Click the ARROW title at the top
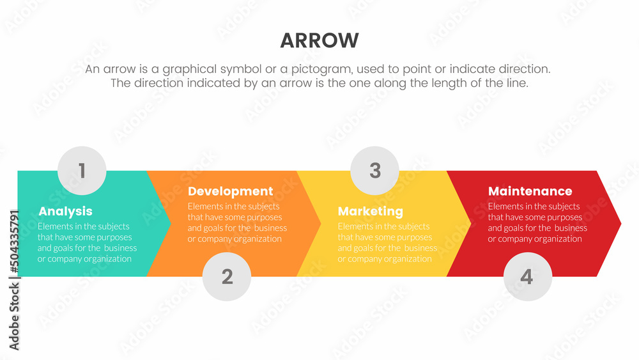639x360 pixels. tap(319, 40)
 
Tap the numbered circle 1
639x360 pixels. tap(82, 171)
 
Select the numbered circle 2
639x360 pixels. tap(227, 276)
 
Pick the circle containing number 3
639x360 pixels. tap(374, 171)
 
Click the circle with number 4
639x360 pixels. tap(528, 276)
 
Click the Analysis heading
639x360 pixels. tap(65, 211)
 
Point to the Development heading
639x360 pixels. tap(230, 191)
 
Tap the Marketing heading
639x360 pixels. tap(371, 211)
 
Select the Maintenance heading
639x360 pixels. tap(530, 191)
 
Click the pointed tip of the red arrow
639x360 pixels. tap(620, 223)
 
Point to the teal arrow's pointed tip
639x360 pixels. tap(171, 223)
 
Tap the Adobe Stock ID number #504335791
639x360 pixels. tap(15, 242)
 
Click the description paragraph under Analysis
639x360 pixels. tap(87, 242)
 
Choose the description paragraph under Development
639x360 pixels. tap(237, 223)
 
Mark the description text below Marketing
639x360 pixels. tap(387, 242)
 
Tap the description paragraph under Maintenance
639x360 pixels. tap(537, 223)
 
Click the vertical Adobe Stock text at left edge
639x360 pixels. tap(15, 317)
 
